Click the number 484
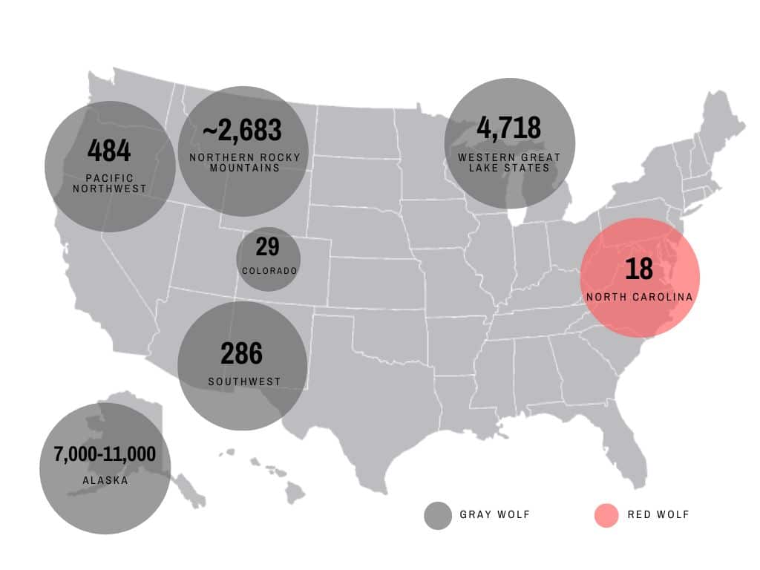[x=109, y=151]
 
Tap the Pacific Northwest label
[x=109, y=183]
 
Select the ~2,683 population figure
[x=242, y=130]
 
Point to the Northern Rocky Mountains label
[x=244, y=163]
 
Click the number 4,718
[x=508, y=128]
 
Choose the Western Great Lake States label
[x=509, y=163]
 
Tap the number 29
[x=267, y=246]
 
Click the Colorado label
[x=269, y=271]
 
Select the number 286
[x=241, y=353]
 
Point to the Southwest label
[x=244, y=382]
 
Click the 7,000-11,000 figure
[x=105, y=454]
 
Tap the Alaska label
[x=105, y=480]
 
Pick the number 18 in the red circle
[x=638, y=269]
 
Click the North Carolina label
[x=639, y=297]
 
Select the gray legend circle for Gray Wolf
[x=438, y=516]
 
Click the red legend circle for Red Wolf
[x=606, y=516]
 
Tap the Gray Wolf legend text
[x=494, y=515]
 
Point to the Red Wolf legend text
[x=658, y=515]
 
